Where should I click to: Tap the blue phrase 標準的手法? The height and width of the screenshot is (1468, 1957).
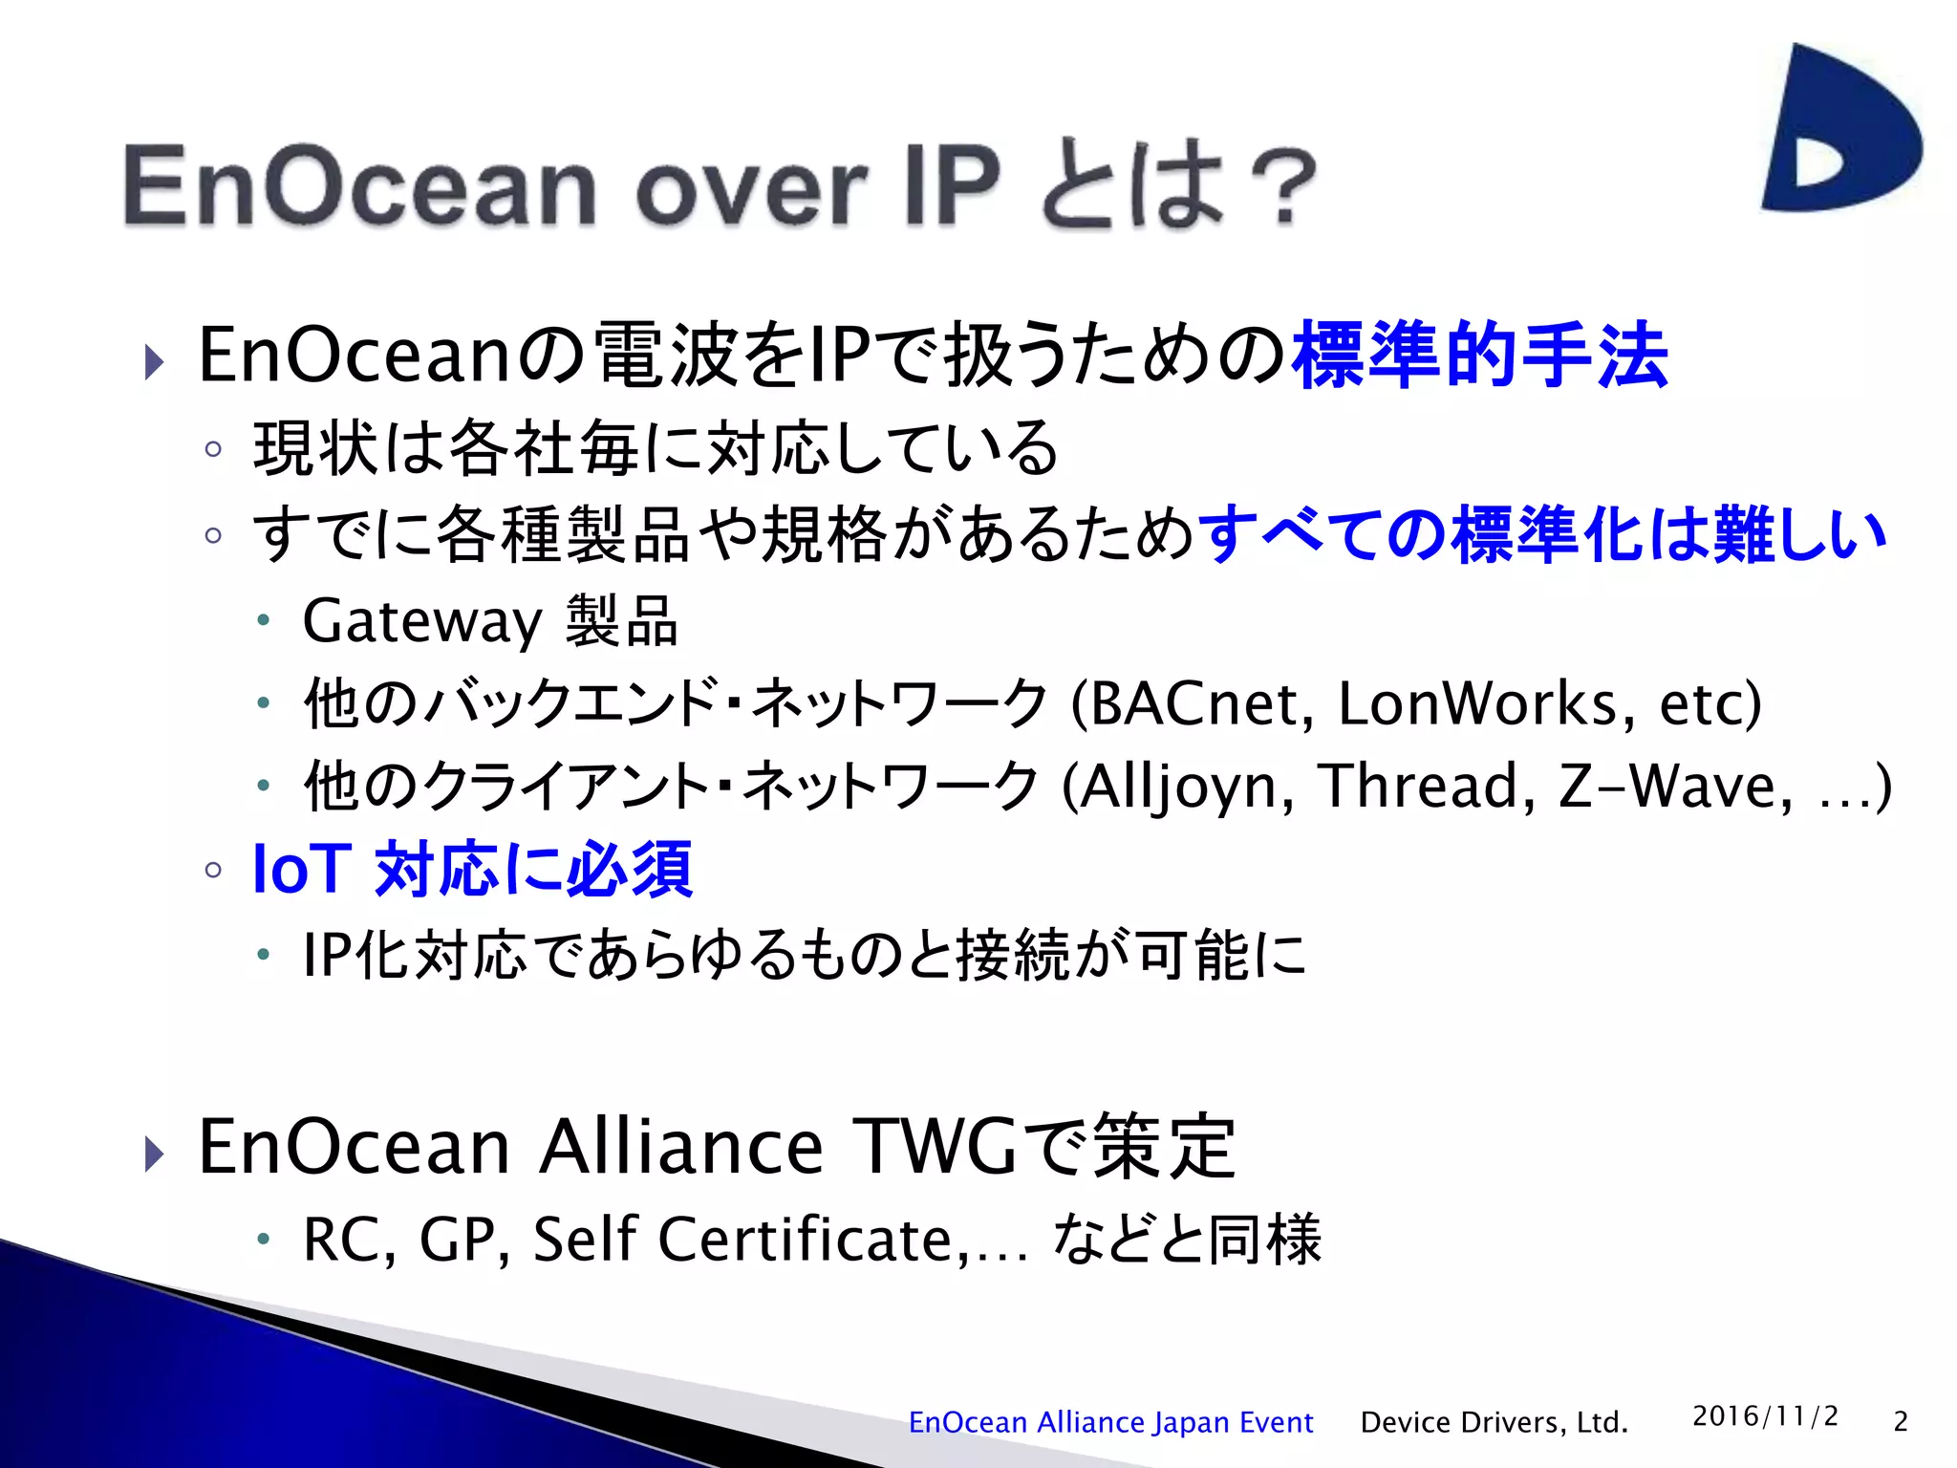click(x=1479, y=356)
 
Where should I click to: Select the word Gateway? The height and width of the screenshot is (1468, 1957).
click(x=422, y=622)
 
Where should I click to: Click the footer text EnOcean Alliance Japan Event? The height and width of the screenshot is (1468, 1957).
click(x=1110, y=1422)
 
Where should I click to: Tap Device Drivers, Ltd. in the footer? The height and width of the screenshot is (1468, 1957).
click(x=1494, y=1422)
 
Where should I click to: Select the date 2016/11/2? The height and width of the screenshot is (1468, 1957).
click(x=1765, y=1416)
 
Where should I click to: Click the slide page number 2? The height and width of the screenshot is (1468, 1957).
click(x=1901, y=1422)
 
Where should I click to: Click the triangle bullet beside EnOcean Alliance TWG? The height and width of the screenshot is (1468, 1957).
click(x=154, y=1154)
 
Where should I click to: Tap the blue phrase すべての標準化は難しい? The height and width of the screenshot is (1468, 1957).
click(x=1541, y=535)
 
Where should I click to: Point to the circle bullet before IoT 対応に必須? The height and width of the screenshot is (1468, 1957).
click(x=214, y=870)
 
